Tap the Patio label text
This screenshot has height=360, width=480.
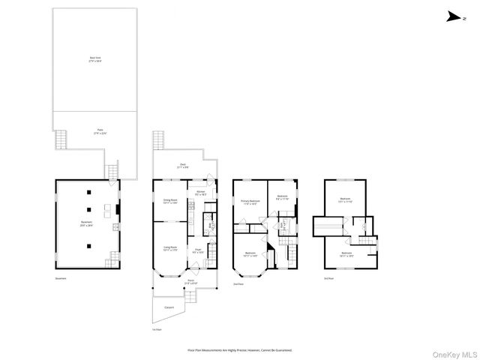99,133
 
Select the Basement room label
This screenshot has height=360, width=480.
87,223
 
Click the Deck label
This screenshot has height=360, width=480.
182,166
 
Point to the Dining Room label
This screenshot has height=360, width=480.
170,200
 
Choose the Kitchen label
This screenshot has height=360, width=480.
201,193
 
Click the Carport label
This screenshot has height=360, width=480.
169,307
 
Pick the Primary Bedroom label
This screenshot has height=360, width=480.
250,202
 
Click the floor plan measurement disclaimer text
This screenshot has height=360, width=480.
240,349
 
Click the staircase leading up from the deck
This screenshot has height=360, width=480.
157,141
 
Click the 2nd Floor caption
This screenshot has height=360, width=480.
238,284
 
